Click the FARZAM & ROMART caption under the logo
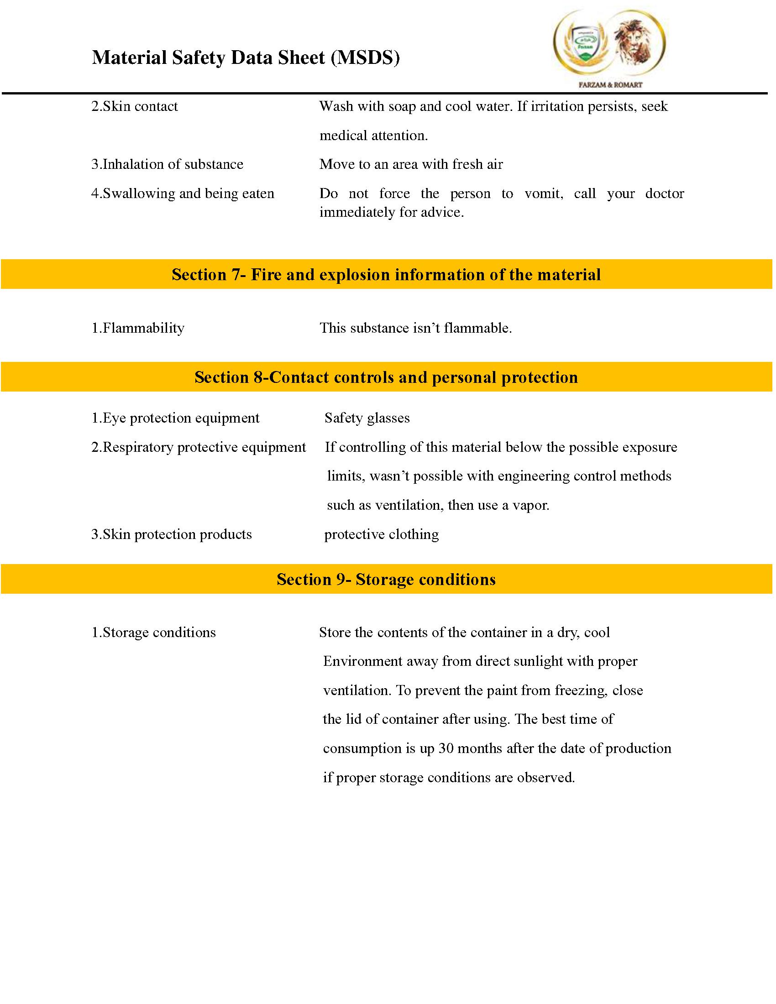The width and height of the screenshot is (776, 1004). [610, 84]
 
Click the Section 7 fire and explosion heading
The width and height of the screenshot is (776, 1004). [386, 274]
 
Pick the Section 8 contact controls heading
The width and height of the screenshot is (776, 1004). [386, 377]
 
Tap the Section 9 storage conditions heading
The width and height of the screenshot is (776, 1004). [386, 579]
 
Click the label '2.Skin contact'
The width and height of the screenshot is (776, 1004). [134, 106]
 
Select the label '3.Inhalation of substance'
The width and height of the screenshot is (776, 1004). [168, 164]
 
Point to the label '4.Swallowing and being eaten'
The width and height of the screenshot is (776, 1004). [183, 193]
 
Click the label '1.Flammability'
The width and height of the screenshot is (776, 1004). [138, 328]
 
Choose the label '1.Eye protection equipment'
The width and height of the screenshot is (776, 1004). [175, 418]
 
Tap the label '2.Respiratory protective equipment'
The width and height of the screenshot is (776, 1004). [199, 447]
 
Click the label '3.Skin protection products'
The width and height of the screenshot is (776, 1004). [172, 534]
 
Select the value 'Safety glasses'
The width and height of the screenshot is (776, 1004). [367, 418]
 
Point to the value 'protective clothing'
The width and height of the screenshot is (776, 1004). [382, 534]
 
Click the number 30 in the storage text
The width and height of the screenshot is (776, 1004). [446, 748]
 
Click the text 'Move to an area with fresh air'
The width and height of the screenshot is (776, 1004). [411, 164]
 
